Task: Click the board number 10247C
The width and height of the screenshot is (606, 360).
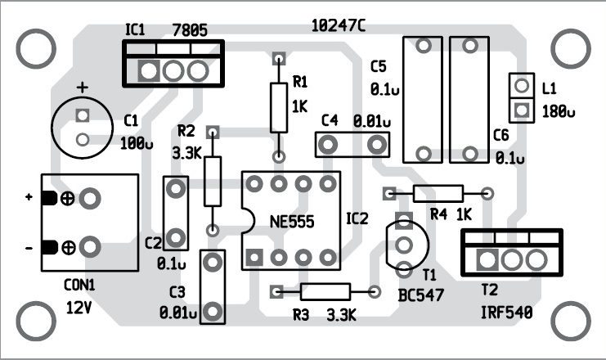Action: [x=339, y=25]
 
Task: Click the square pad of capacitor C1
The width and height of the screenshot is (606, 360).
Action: [x=81, y=115]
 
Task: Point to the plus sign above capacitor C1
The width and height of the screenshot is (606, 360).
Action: [x=81, y=88]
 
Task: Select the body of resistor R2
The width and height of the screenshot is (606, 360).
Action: [x=213, y=181]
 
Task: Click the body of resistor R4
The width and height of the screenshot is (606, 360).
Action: [x=438, y=194]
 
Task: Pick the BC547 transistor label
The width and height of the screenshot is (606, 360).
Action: [x=421, y=295]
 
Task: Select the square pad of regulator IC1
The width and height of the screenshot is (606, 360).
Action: [x=148, y=71]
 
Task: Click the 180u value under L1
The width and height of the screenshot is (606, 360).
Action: [x=558, y=110]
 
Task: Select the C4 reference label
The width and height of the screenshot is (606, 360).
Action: [x=330, y=119]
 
